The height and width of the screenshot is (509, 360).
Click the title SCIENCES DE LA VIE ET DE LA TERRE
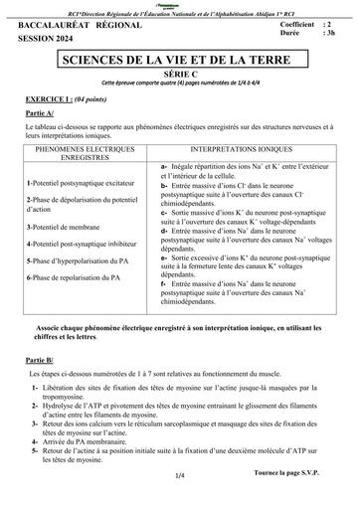click(180, 62)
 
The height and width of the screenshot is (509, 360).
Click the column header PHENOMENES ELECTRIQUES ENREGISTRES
click(90, 151)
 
